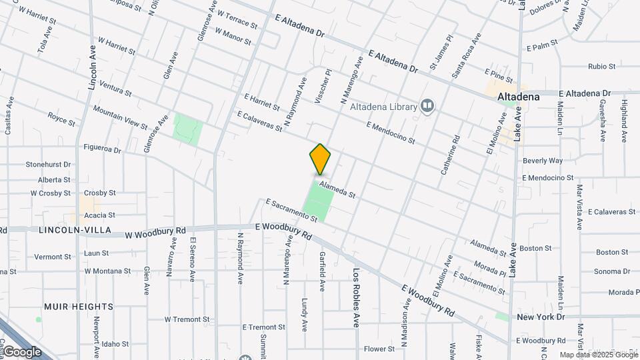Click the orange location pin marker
321,159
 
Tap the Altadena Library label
383,106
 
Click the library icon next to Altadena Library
427,105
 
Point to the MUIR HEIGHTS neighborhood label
79,306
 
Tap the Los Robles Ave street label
357,297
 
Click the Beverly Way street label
543,161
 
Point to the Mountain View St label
121,117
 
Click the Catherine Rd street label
451,155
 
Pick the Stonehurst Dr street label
48,165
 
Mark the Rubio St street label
601,66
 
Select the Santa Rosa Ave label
466,55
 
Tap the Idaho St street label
115,344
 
